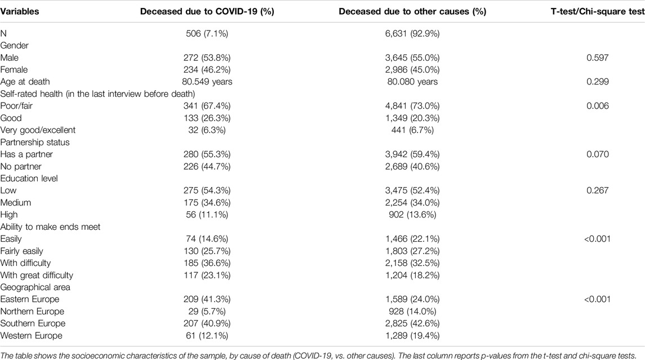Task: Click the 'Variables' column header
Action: (20, 11)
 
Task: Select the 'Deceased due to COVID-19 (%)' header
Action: (207, 11)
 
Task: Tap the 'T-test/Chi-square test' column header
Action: (598, 11)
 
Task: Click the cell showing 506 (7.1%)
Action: (207, 33)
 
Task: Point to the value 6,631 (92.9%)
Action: (412, 33)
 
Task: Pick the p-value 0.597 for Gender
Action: (597, 57)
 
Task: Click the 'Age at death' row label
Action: (25, 82)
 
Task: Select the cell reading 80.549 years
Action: (207, 82)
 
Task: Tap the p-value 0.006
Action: (597, 106)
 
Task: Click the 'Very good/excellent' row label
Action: (38, 130)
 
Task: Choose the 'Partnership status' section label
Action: (35, 143)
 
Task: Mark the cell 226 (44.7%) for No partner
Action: (207, 166)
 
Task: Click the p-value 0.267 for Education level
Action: (597, 190)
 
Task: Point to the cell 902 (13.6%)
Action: (412, 214)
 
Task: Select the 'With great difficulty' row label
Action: (37, 275)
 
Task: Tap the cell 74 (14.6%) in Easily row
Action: (207, 239)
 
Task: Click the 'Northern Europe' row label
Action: (32, 312)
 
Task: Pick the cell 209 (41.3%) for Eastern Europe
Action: (207, 299)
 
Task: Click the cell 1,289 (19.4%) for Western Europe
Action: (412, 335)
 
